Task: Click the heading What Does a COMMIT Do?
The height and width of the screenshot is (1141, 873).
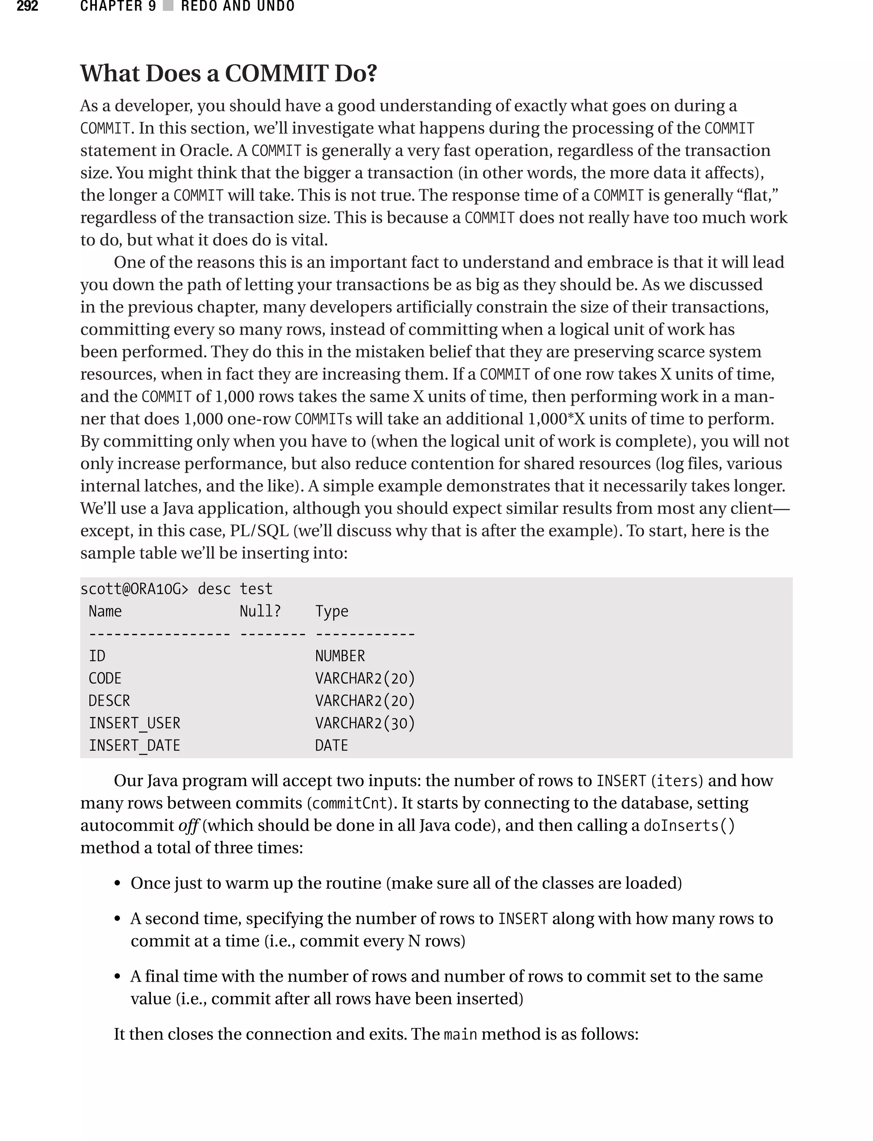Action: tap(228, 73)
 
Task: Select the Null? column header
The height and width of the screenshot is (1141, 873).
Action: tap(260, 611)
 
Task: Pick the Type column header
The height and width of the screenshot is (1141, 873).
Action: tap(332, 611)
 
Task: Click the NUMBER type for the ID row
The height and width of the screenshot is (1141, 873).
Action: tap(340, 656)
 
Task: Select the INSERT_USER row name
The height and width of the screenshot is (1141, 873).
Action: tap(135, 723)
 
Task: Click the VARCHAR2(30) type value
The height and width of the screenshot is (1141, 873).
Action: tap(365, 723)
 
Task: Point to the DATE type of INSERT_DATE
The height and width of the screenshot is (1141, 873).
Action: tap(332, 745)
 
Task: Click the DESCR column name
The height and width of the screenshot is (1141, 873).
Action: tap(109, 700)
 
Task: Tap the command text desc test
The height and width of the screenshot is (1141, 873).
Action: tap(235, 589)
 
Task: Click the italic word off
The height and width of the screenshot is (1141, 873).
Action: tap(188, 825)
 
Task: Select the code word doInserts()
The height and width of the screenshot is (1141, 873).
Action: tap(689, 825)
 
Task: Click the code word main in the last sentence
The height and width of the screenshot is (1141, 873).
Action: tap(460, 1034)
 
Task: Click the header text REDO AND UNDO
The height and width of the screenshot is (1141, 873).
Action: tap(237, 6)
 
